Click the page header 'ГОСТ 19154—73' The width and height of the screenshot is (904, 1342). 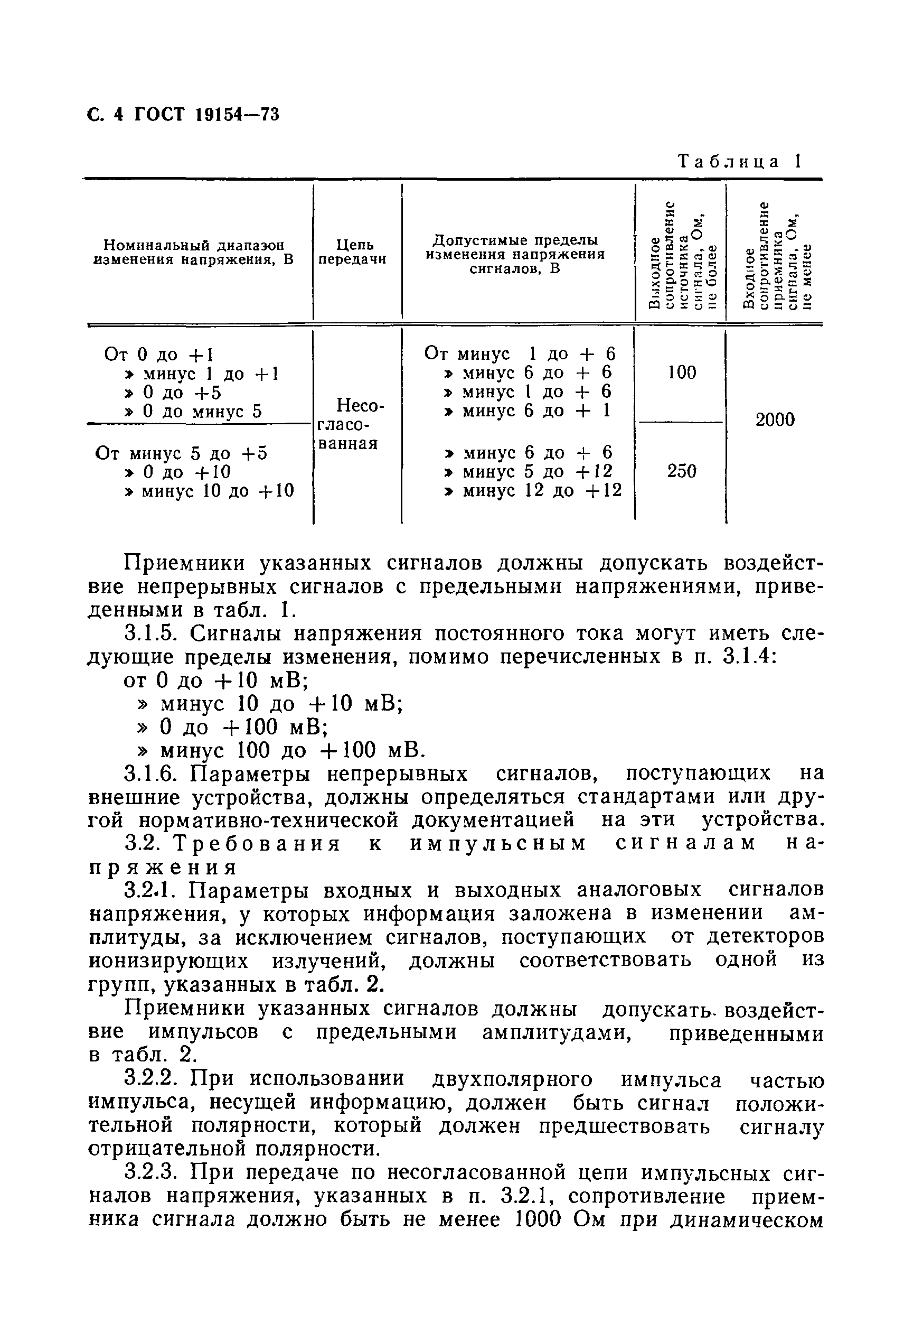coord(207,115)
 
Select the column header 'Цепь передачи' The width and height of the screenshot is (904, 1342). coord(352,252)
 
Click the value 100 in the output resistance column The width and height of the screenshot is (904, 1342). coord(682,372)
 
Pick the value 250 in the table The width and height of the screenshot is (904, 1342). coord(682,471)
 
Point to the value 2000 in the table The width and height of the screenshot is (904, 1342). coord(775,420)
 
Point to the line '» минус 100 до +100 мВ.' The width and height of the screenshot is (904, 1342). coord(281,750)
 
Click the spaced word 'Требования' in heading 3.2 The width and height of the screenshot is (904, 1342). coord(258,844)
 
